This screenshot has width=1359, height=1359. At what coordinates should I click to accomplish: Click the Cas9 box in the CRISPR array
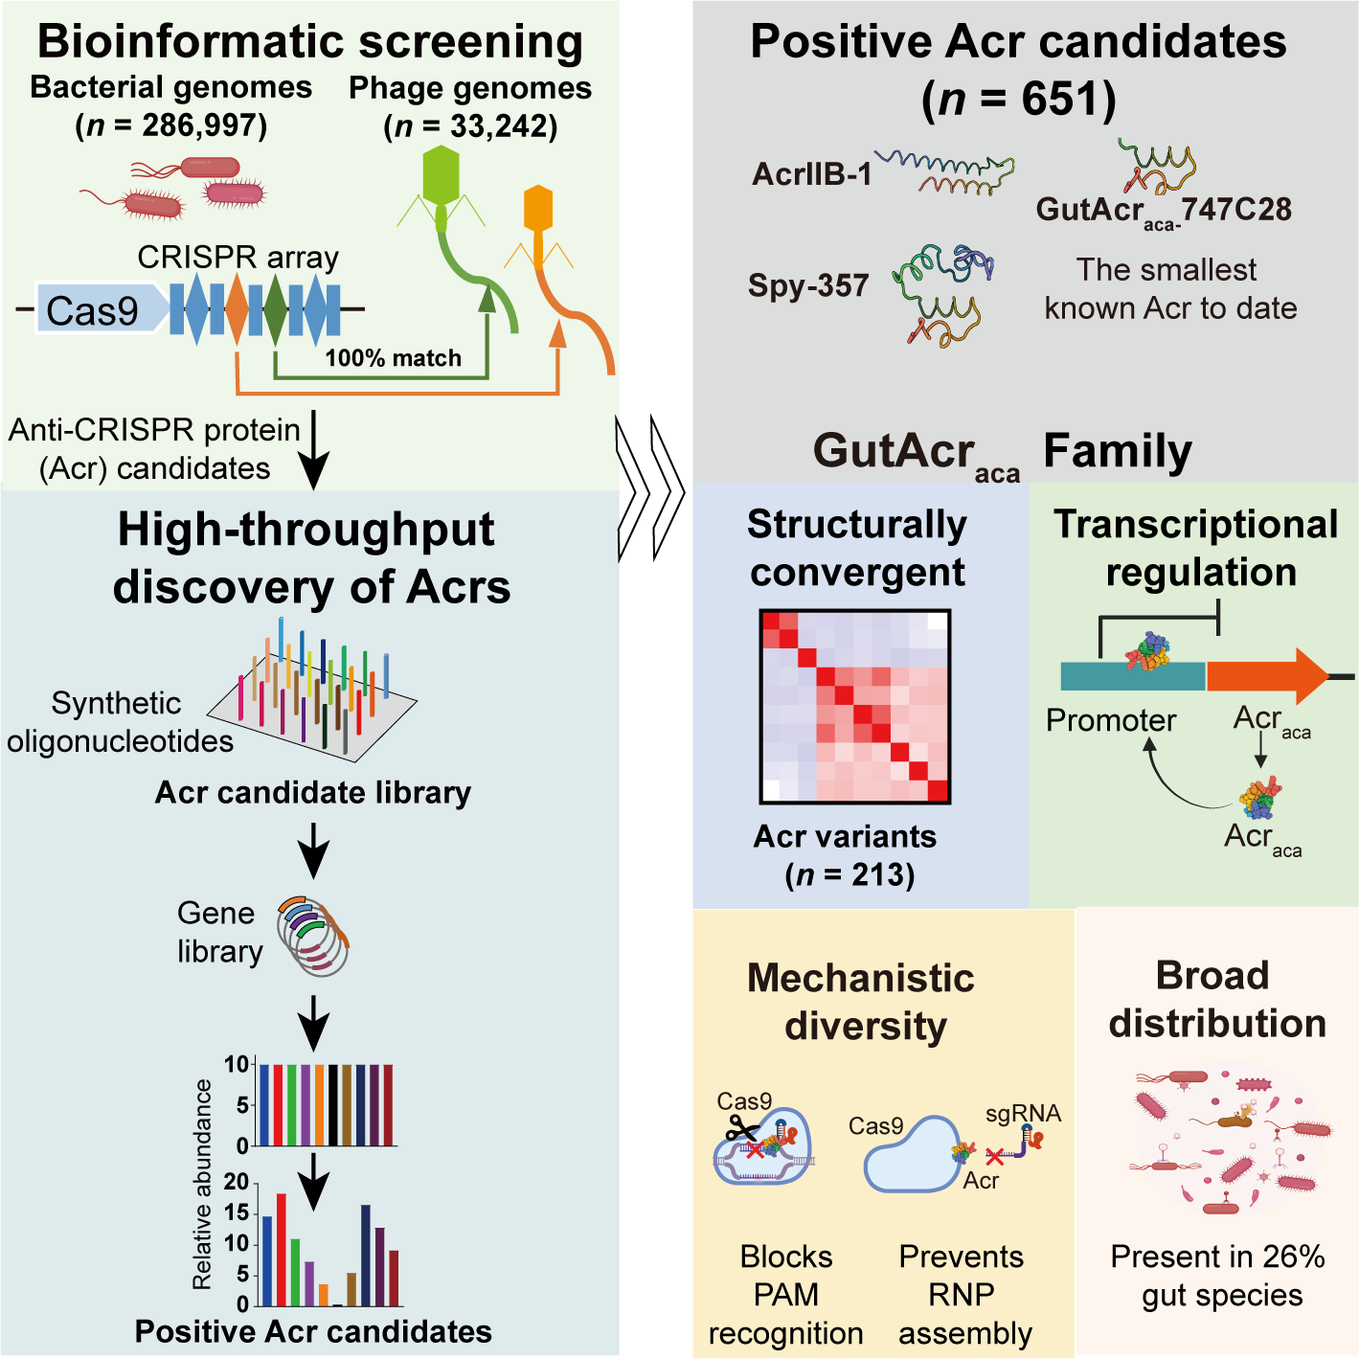(x=96, y=309)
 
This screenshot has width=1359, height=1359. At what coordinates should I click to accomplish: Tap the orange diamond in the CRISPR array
(x=237, y=309)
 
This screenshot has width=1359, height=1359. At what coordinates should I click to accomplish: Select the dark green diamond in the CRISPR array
(x=276, y=309)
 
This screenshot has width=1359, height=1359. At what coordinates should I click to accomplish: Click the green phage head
(x=442, y=174)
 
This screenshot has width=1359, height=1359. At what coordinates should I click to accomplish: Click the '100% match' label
(x=393, y=358)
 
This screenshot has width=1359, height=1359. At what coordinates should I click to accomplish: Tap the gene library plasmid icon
(x=313, y=936)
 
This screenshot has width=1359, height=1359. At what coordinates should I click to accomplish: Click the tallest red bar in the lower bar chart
(x=282, y=1249)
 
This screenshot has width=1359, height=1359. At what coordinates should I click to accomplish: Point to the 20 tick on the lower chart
(x=237, y=1182)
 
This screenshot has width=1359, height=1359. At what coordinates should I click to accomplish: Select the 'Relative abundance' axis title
(x=202, y=1184)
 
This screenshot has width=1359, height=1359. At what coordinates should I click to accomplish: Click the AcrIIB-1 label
(x=812, y=174)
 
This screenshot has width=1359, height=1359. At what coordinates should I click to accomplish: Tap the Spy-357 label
(x=808, y=285)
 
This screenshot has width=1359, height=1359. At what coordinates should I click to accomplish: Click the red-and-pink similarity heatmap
(x=854, y=706)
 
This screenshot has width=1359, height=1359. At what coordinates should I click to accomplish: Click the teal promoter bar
(x=1132, y=677)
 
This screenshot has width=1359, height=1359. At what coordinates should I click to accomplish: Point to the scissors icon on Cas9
(x=740, y=1130)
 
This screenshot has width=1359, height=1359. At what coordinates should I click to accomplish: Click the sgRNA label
(x=1023, y=1114)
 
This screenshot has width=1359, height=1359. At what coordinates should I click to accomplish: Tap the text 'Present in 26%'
(x=1217, y=1257)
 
